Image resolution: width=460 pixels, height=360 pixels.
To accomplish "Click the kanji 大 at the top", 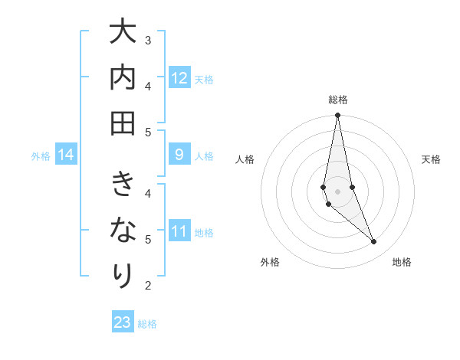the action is (122, 34).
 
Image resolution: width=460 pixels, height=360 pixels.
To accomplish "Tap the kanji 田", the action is (122, 123).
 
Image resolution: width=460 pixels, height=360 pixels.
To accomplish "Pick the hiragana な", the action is (122, 230).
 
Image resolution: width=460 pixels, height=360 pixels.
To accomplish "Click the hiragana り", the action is (122, 274).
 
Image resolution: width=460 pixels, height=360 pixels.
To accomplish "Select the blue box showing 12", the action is (179, 78).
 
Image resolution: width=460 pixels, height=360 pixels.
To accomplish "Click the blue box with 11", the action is (179, 231).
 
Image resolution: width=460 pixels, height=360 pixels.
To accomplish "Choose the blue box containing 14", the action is (66, 155).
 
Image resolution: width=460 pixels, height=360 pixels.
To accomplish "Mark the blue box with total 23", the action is (123, 322).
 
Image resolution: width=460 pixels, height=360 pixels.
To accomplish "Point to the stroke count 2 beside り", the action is (148, 286).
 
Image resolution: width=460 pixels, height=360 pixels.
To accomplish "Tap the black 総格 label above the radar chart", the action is (337, 100).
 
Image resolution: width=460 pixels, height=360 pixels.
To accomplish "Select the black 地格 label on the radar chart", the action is (402, 262).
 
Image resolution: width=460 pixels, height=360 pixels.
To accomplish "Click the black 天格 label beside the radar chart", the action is (431, 159).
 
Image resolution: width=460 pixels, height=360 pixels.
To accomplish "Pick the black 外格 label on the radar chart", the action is (270, 262).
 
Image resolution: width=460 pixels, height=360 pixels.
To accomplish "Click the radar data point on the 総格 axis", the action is (337, 116).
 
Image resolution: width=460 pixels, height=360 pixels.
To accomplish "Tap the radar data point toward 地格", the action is (374, 242).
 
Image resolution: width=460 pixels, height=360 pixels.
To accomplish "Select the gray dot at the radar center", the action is (337, 191).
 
